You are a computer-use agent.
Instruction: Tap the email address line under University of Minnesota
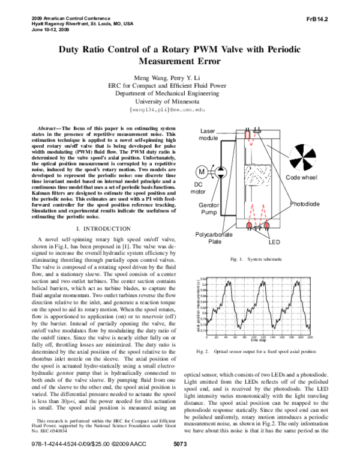tap(180, 110)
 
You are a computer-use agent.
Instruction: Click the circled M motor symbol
tap(202, 172)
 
